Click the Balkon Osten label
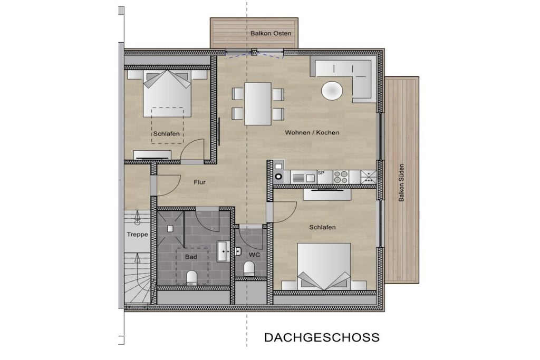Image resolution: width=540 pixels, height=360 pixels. (x=271, y=33)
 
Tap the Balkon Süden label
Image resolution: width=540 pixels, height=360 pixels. (x=401, y=182)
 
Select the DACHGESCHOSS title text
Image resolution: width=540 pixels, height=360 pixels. (x=322, y=337)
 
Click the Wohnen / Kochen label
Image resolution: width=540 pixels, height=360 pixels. (x=312, y=132)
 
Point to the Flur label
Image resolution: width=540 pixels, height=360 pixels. (x=199, y=182)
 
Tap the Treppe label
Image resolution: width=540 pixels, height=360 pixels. (x=138, y=235)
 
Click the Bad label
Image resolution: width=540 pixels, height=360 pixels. (x=191, y=257)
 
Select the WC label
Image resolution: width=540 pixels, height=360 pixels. (x=254, y=255)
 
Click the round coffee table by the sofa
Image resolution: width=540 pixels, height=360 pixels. (x=332, y=91)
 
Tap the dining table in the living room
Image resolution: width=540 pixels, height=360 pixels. (x=257, y=104)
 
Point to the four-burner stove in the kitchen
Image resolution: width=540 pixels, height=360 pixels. (x=341, y=177)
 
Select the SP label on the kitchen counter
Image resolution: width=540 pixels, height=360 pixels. (x=321, y=173)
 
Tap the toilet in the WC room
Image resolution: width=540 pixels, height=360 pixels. (x=249, y=268)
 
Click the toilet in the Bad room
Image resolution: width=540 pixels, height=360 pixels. (x=191, y=277)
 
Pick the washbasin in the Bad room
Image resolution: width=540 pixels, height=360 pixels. (x=224, y=251)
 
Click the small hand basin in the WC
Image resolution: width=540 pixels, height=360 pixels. (x=238, y=251)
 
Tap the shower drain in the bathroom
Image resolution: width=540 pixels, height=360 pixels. (x=170, y=228)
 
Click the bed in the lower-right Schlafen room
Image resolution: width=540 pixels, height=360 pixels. (x=324, y=266)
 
